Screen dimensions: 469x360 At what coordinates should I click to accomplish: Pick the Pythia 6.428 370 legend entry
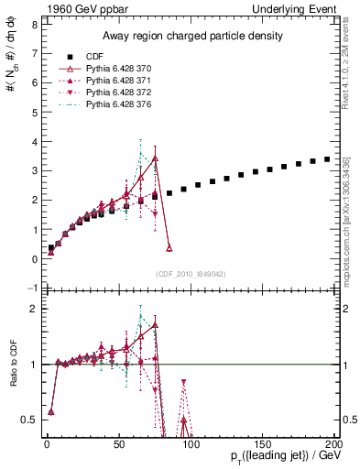click(x=120, y=69)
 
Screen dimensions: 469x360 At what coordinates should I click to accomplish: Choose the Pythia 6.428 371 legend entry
click(x=120, y=81)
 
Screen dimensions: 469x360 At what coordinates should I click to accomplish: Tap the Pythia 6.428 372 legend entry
click(x=120, y=93)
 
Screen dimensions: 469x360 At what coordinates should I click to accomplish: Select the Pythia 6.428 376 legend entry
click(x=120, y=105)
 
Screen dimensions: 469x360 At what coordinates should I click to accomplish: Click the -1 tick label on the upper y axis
click(x=32, y=289)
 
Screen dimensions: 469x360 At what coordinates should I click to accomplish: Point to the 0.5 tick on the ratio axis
click(x=29, y=420)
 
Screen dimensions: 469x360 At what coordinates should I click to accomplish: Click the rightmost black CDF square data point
click(x=327, y=159)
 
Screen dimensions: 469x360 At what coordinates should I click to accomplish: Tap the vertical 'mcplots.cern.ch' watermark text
click(x=346, y=220)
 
